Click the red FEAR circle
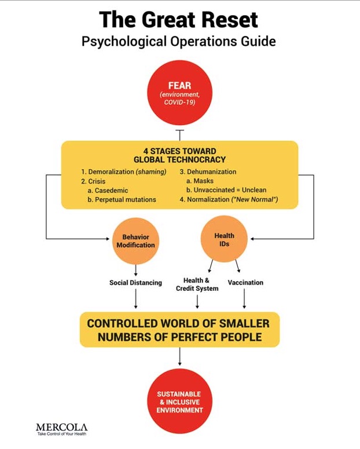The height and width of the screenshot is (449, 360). pos(179,93)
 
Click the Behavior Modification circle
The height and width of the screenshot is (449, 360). pos(136,241)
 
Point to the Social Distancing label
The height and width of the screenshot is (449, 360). pos(135,283)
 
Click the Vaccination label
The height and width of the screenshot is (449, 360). pos(245,283)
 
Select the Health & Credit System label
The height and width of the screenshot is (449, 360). pos(197,284)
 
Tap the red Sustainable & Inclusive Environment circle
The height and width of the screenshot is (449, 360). pos(179,402)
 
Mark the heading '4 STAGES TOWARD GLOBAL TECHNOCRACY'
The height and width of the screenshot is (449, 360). pos(179,155)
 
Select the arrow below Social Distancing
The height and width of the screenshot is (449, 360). pos(135,298)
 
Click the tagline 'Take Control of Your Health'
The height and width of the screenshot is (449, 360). pos(61,434)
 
